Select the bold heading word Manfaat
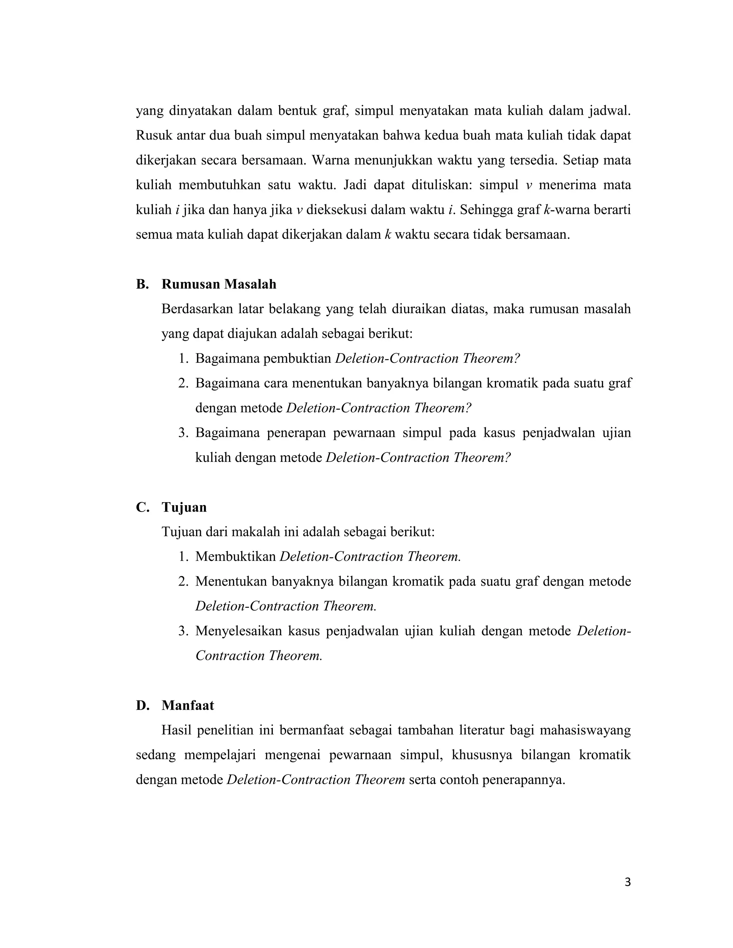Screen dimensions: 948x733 point(188,706)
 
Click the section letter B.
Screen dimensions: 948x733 point(142,284)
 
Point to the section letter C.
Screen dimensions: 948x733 point(142,507)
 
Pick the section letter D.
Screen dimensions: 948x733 point(142,706)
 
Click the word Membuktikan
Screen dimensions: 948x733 point(236,557)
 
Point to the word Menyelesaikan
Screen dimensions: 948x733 point(238,631)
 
